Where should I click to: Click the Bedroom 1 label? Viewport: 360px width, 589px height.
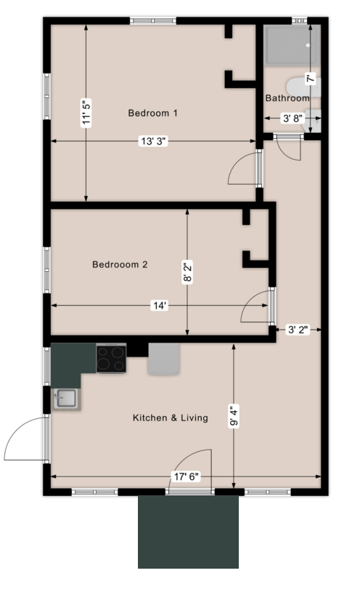tap(153, 113)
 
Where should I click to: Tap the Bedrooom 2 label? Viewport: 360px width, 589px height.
tap(120, 265)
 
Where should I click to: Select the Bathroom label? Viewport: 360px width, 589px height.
tap(287, 98)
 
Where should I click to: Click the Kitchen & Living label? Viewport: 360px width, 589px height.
tap(171, 418)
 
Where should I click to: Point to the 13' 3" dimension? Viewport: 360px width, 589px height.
tap(153, 142)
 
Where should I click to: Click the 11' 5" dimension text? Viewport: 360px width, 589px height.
tap(87, 113)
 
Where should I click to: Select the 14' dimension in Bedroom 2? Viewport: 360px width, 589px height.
tap(160, 306)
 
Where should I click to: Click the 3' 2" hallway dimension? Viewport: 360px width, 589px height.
tap(298, 330)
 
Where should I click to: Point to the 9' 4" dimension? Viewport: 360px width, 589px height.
tap(234, 421)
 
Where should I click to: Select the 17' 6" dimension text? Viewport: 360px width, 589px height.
tap(184, 477)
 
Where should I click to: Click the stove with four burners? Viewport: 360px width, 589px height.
tap(111, 358)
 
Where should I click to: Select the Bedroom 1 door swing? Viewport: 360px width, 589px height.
tap(243, 172)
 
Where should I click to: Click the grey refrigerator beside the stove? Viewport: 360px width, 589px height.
tap(163, 360)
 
